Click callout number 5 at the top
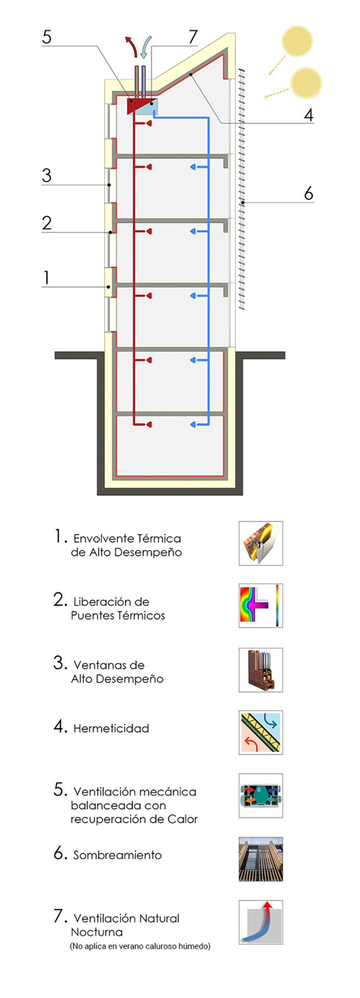coord(46,37)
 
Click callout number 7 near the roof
coord(193,37)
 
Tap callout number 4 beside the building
coord(309,114)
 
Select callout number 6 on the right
coord(309,193)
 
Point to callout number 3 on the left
coord(46,175)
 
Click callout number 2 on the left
coord(46,223)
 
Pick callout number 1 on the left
coord(46,278)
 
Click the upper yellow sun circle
coord(297,41)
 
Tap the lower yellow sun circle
coord(306,83)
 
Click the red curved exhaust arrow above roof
coord(132,46)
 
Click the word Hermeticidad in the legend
coord(111,729)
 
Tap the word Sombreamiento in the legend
coord(117,855)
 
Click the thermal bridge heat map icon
coord(260,606)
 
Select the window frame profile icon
coord(260,670)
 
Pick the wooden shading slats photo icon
coord(260,859)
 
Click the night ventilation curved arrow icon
coord(260,923)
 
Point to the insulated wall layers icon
coord(260,543)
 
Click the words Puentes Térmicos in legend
coord(118,616)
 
